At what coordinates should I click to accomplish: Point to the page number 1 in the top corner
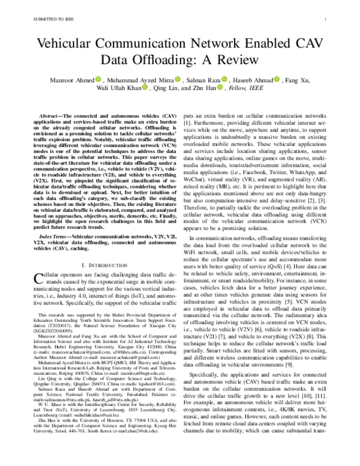(323, 19)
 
